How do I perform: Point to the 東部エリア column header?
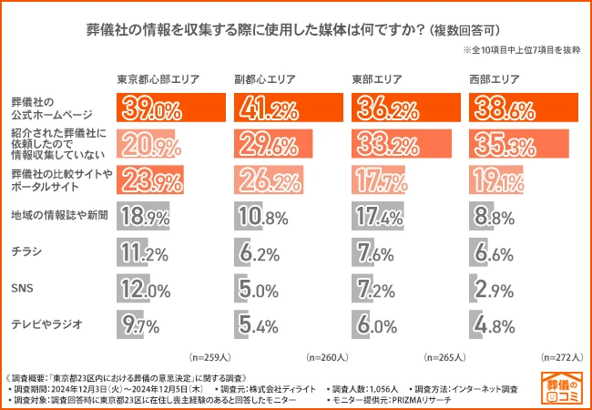377,79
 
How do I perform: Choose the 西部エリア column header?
494,79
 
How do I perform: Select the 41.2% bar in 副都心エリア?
291,108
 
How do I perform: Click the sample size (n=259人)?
209,357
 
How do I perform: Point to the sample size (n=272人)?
561,357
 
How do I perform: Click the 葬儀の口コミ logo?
562,386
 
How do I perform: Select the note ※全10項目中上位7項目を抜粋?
520,51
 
